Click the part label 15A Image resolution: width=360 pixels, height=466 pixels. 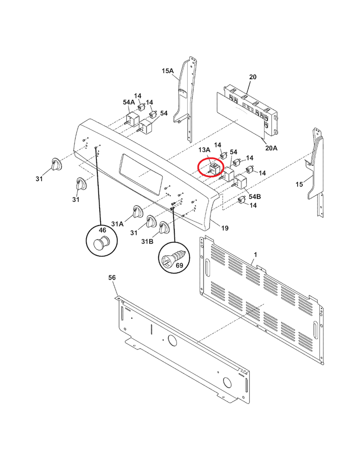coord(167,71)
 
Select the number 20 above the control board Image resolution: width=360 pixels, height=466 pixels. coord(252,76)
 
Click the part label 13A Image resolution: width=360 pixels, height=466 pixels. coord(205,150)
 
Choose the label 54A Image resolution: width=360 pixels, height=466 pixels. coord(129,102)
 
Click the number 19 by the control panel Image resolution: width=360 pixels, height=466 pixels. coord(225,228)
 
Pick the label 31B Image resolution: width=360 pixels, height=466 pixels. coord(147,241)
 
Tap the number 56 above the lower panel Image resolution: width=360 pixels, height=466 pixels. coord(112,278)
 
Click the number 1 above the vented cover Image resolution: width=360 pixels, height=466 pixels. coord(255,254)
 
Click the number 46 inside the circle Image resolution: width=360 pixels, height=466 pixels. coord(102,230)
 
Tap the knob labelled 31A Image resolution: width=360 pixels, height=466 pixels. coord(137,212)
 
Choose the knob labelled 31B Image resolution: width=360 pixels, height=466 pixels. coord(163,228)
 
